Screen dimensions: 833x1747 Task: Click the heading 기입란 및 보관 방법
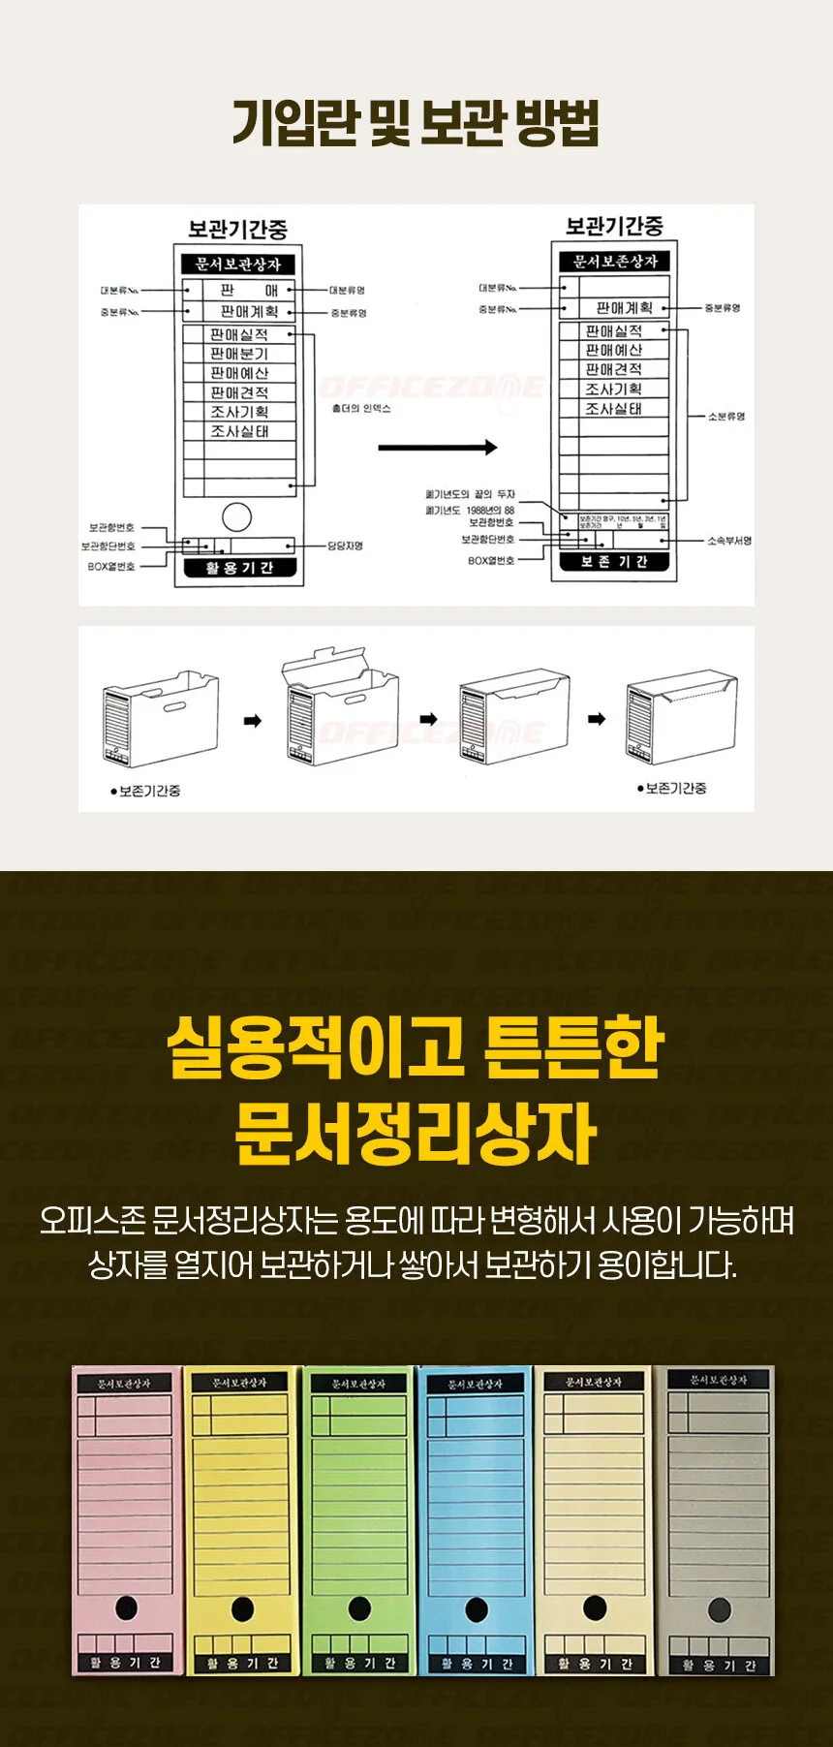[x=416, y=123]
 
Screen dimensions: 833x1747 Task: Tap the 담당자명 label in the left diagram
[x=345, y=546]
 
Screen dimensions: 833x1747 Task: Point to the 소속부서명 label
[x=728, y=541]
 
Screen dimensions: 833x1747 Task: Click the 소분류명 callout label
[x=725, y=417]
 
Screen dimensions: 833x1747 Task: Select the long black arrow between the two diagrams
[x=437, y=448]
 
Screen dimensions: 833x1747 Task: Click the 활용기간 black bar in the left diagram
[x=239, y=568]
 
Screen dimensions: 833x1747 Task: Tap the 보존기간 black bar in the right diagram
[x=614, y=562]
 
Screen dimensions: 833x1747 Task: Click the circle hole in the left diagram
[x=236, y=516]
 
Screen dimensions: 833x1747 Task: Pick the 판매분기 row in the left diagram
[x=239, y=354]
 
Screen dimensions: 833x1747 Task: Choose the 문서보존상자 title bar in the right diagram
[x=614, y=261]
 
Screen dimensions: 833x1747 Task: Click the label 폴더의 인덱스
[x=361, y=409]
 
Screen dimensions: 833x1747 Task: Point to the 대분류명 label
[x=346, y=290]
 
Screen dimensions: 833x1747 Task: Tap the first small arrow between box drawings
[x=252, y=721]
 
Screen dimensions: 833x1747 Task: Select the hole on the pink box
[x=126, y=1607]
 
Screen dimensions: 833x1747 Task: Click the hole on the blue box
[x=476, y=1609]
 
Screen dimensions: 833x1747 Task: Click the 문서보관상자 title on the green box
[x=358, y=1384]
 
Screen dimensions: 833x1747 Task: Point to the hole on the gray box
[x=719, y=1610]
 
